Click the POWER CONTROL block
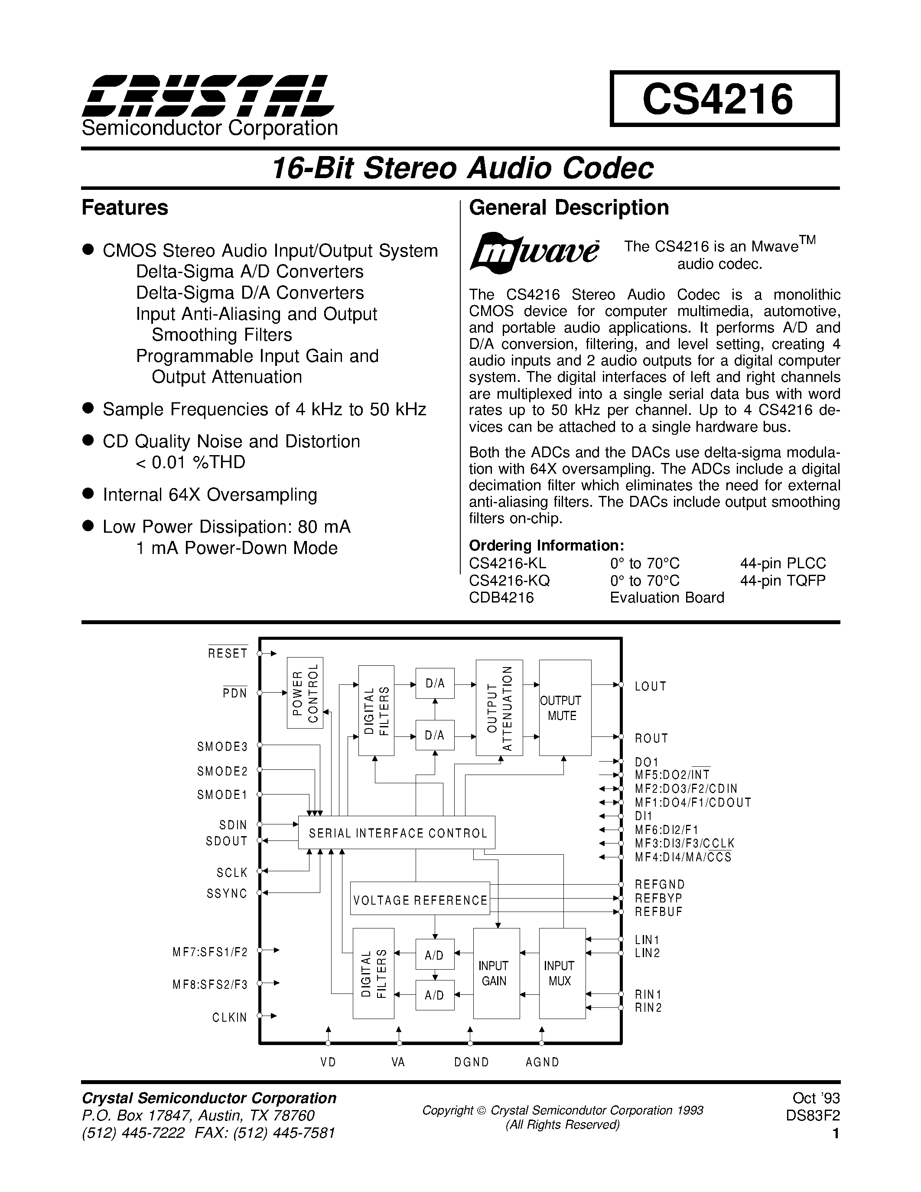(x=305, y=693)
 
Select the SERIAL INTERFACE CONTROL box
(x=397, y=833)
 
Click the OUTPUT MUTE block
(x=565, y=708)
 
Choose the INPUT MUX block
(x=562, y=973)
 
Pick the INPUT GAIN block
(x=496, y=973)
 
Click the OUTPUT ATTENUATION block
(x=499, y=708)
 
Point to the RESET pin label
(x=228, y=653)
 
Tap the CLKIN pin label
(x=230, y=1017)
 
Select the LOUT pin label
(x=651, y=686)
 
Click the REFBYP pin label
(x=658, y=898)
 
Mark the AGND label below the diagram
(x=542, y=1062)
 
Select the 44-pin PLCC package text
(x=782, y=563)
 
